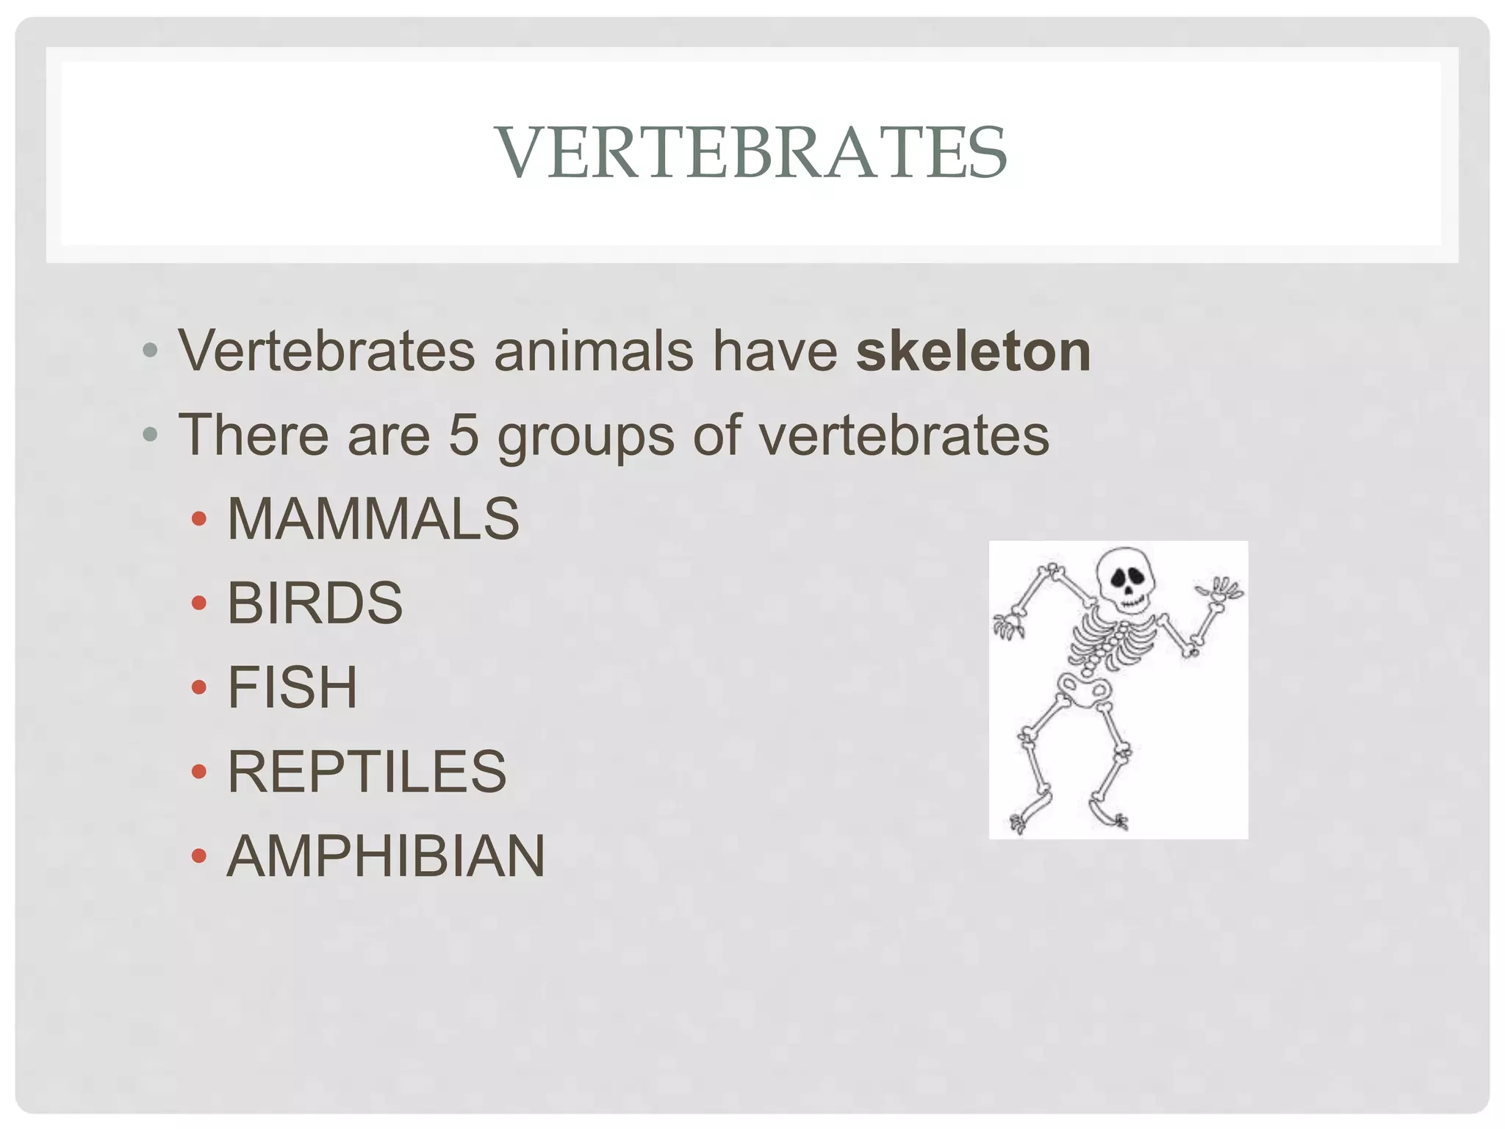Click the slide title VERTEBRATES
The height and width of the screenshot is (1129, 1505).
(751, 152)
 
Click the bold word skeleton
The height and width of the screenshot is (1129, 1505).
(973, 351)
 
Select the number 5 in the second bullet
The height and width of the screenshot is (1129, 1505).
(464, 435)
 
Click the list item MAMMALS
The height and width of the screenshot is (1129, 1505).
(373, 519)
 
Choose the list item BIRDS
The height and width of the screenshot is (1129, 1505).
(315, 603)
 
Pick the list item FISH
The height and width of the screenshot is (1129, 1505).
(292, 687)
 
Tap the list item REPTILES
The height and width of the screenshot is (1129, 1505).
(367, 772)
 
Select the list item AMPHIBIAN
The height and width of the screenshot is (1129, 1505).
(386, 856)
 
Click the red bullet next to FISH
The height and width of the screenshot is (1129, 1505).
(198, 688)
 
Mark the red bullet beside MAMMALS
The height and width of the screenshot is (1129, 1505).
(198, 520)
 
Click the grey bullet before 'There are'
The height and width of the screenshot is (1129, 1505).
(151, 435)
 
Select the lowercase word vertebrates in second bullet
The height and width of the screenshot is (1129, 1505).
(904, 435)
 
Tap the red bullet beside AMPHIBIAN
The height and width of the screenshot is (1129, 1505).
(198, 856)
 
